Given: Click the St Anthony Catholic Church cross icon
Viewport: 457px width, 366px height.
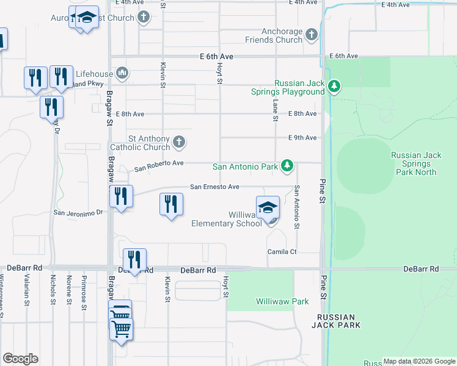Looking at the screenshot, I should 180,142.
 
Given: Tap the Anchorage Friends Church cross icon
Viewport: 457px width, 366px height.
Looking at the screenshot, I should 312,34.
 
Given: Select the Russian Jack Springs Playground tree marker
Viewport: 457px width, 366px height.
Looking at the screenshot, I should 334,87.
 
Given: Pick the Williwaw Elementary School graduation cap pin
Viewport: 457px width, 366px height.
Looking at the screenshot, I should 268,208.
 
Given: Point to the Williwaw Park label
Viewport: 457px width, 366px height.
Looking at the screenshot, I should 282,301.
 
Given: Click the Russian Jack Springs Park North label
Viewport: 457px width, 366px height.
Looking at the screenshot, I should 414,163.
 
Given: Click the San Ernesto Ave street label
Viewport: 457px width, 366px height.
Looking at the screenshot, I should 214,187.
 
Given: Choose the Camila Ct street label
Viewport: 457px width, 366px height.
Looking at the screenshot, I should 282,251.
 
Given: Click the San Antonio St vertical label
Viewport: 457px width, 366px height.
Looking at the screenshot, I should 297,207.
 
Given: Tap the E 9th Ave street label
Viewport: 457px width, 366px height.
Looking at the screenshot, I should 302,138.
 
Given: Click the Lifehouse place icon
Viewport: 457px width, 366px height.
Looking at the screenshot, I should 122,74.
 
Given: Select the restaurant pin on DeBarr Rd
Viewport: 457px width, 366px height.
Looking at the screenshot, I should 134,260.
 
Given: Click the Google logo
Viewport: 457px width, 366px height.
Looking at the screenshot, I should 20,359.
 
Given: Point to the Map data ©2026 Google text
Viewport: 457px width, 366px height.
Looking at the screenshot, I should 419,361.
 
